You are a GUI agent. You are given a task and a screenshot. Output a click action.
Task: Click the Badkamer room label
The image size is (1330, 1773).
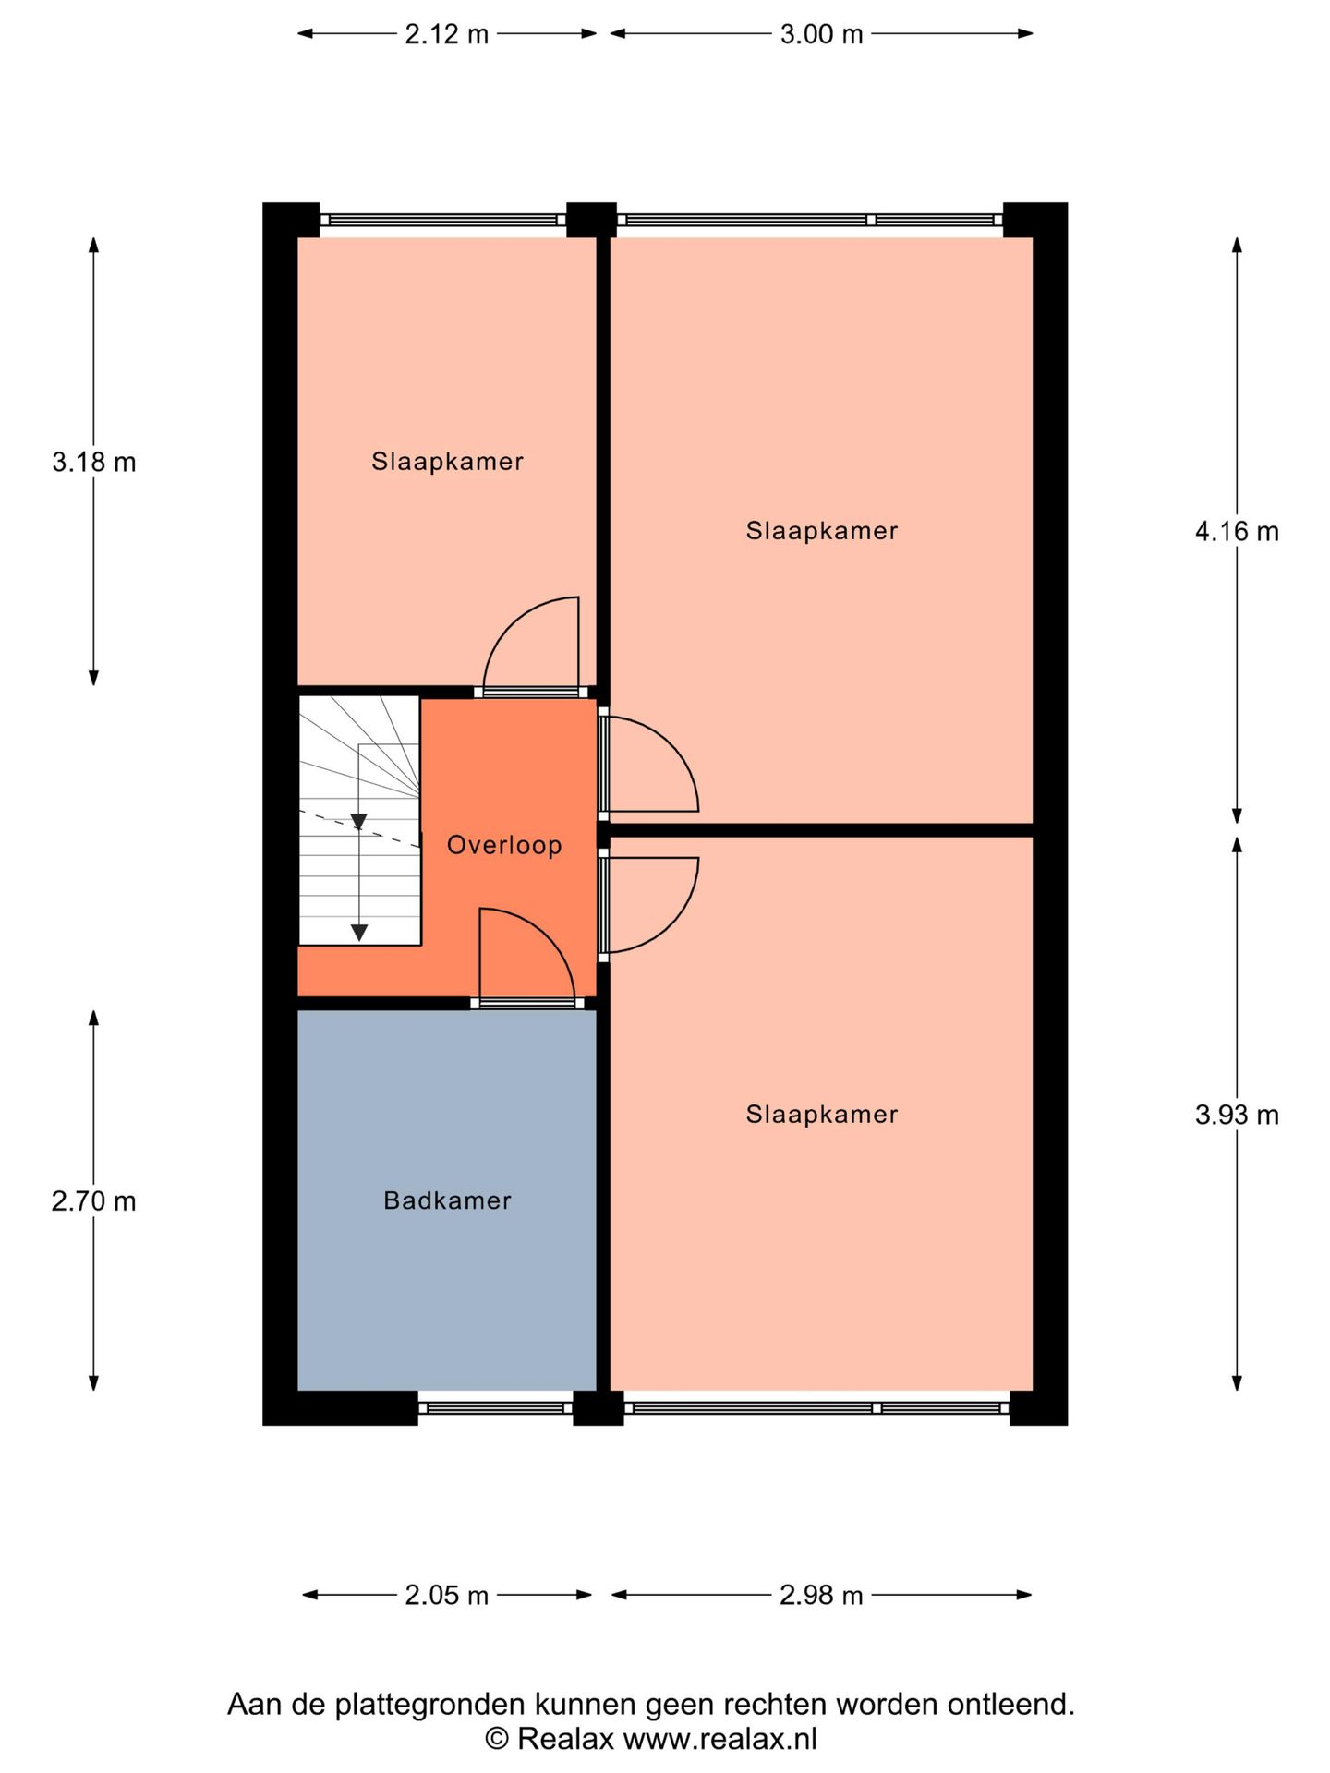click(447, 1200)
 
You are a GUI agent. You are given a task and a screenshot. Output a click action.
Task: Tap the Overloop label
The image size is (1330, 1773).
click(504, 845)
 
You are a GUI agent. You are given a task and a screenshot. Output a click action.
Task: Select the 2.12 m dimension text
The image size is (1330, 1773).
click(446, 35)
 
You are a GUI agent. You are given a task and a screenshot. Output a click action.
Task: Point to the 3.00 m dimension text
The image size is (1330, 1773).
click(821, 35)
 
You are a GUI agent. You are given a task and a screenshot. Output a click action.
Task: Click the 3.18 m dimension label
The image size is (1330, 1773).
click(93, 462)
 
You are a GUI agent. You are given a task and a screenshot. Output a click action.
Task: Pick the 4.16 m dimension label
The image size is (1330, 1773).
click(1237, 532)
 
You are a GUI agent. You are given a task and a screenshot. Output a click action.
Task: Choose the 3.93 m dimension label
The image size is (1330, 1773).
click(1237, 1116)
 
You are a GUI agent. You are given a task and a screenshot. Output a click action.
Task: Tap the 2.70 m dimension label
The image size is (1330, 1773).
click(93, 1201)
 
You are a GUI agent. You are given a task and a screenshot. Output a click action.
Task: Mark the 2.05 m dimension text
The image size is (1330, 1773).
click(446, 1595)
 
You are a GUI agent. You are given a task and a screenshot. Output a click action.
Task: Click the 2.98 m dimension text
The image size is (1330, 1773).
click(821, 1595)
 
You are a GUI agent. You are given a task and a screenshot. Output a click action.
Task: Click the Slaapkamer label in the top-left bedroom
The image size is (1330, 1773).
click(447, 462)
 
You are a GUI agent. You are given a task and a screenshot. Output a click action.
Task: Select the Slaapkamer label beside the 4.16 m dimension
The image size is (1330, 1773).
click(822, 531)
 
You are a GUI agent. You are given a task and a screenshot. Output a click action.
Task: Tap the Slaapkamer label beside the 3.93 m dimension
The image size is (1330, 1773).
click(822, 1115)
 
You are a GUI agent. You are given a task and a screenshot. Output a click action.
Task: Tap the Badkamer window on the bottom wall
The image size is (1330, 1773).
click(495, 1408)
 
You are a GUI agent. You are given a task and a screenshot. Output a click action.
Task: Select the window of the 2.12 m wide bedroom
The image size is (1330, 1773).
click(443, 220)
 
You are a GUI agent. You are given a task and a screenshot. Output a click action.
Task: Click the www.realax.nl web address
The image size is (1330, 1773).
click(719, 1740)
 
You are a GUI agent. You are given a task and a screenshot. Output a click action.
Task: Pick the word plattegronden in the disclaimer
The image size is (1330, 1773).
click(432, 1704)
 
